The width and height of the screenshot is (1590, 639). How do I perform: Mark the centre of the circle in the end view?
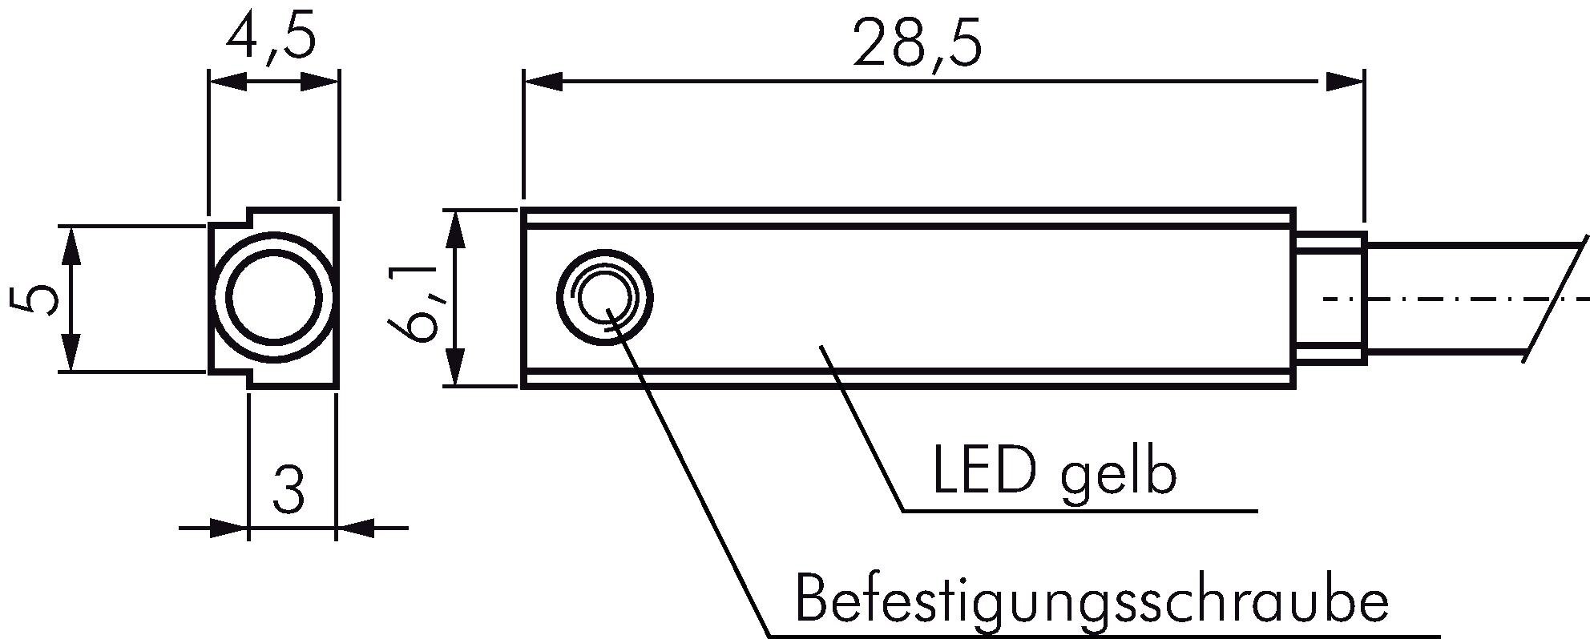[272, 298]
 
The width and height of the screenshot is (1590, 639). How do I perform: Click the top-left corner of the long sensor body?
[523, 210]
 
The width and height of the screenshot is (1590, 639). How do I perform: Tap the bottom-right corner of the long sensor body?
[1294, 387]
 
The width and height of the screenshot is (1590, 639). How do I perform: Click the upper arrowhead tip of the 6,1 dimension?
[455, 211]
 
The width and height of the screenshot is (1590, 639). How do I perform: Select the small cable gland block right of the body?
[1330, 299]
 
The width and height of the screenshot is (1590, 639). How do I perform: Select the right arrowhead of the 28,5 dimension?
[1345, 81]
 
